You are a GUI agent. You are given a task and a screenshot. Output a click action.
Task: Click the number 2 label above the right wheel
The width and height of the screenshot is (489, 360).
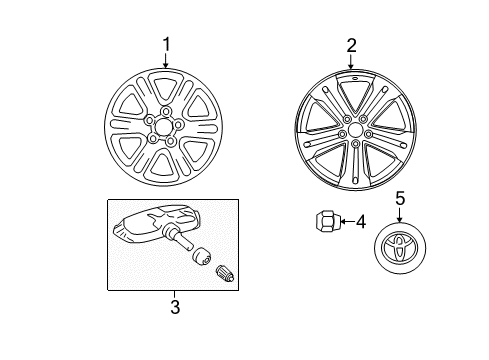pyautogui.click(x=351, y=44)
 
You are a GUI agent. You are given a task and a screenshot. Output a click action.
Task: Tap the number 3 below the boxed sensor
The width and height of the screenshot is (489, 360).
pyautogui.click(x=174, y=307)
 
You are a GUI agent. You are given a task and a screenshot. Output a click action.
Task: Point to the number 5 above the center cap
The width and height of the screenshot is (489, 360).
pyautogui.click(x=399, y=200)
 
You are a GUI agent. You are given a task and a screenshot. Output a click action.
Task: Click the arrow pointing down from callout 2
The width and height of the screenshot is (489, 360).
pyautogui.click(x=351, y=61)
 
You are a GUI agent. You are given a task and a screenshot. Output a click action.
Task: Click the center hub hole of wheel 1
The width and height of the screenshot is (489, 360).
pyautogui.click(x=159, y=126)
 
